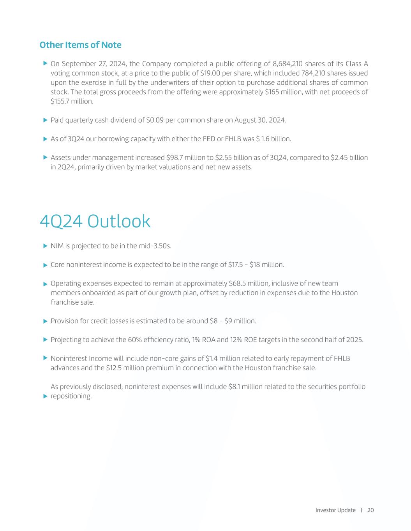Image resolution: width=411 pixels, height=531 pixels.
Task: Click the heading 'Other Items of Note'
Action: (x=80, y=45)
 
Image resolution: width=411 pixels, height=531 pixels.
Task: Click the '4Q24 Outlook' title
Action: (x=95, y=221)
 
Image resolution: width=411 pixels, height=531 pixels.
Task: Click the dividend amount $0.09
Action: (x=155, y=120)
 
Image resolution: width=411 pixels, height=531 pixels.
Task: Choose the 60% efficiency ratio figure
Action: (x=134, y=340)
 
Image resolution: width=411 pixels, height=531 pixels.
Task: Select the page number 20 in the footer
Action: (x=370, y=510)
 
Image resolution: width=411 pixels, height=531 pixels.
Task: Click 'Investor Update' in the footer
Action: (x=335, y=510)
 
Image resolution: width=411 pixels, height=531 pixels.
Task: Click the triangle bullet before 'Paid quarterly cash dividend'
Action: (x=45, y=120)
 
